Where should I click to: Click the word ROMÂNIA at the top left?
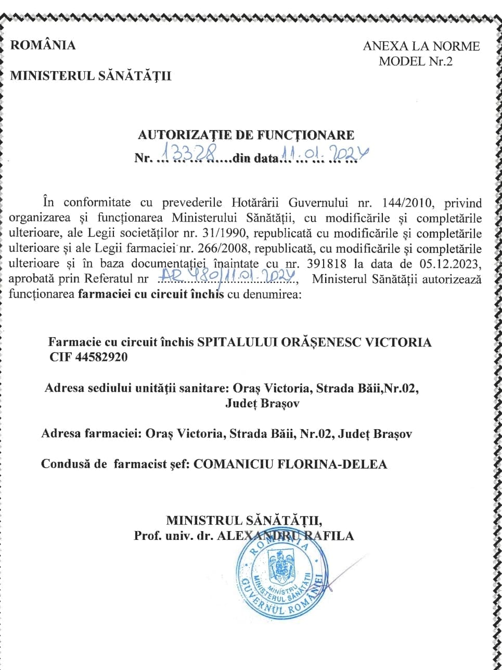(43, 45)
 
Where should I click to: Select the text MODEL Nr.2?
(416, 61)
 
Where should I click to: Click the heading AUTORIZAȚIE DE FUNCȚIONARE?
(246, 135)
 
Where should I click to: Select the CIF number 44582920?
(101, 357)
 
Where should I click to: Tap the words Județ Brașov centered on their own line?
(262, 403)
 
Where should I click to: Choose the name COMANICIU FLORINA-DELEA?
(290, 464)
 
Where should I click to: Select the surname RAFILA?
(331, 535)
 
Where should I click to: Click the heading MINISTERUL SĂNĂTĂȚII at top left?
(91, 76)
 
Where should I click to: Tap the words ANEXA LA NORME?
(421, 46)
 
